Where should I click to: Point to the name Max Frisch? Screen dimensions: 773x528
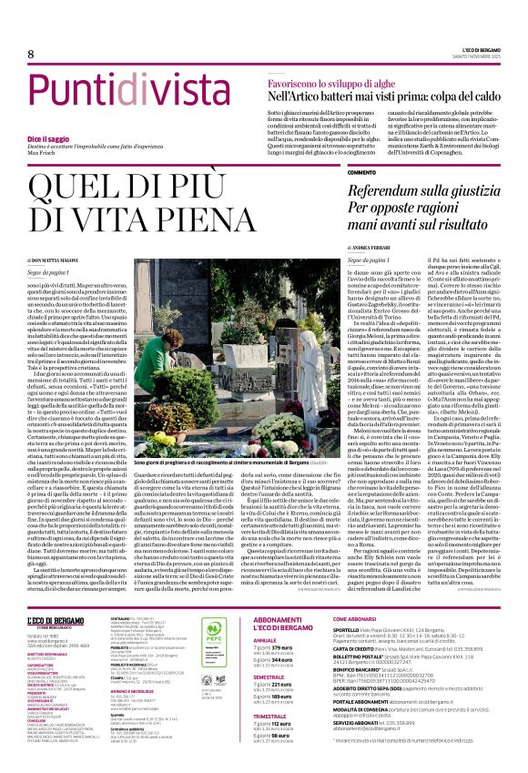[x=33, y=152]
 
